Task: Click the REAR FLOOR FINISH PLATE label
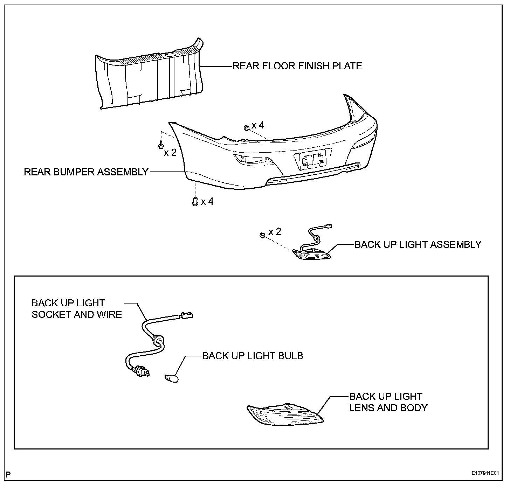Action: tap(297, 66)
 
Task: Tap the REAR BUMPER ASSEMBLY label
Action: tap(86, 172)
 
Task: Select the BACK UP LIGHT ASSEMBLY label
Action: tap(418, 244)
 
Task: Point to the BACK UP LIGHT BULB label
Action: tap(253, 356)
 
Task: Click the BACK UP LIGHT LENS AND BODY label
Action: tap(388, 402)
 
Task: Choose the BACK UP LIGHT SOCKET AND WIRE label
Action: tap(77, 308)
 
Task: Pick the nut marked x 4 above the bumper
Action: tap(246, 128)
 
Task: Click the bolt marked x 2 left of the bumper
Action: tap(161, 144)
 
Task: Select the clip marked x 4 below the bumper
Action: tap(195, 201)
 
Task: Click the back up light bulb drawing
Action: tap(171, 377)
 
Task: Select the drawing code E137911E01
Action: tap(484, 473)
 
